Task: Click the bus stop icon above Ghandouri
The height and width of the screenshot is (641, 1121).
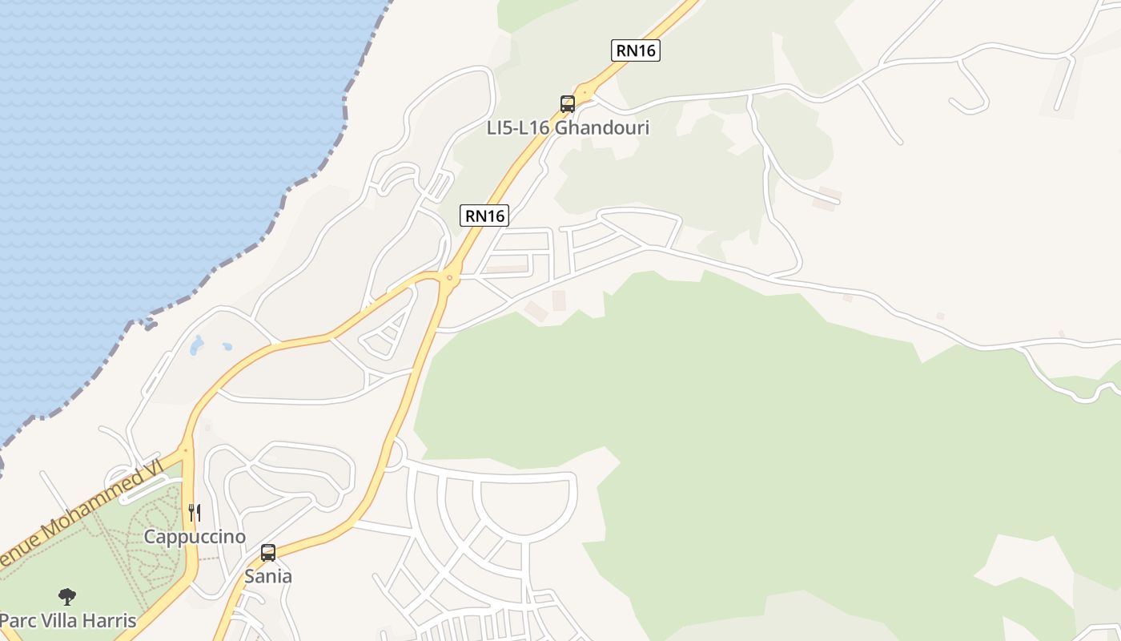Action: point(568,103)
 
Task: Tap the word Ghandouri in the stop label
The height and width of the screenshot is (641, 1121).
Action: point(601,127)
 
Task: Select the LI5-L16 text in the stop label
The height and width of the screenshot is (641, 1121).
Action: point(518,127)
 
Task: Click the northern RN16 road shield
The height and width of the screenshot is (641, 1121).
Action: point(636,50)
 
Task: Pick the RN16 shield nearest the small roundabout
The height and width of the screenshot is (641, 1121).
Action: point(484,216)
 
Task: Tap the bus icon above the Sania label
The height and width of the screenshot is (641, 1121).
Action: point(268,553)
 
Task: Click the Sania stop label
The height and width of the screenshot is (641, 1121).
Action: point(268,576)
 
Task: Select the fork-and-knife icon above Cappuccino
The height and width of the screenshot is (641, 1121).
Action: point(195,512)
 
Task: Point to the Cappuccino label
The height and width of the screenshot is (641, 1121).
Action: point(195,537)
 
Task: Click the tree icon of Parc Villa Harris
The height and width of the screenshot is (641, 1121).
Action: point(67,596)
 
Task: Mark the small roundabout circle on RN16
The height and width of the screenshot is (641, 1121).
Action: point(450,278)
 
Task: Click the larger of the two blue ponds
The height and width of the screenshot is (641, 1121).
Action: point(197,345)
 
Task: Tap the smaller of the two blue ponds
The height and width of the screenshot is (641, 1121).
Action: point(227,347)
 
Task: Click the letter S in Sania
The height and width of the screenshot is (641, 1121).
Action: point(250,576)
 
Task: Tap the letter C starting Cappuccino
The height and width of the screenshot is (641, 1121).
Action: point(150,537)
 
